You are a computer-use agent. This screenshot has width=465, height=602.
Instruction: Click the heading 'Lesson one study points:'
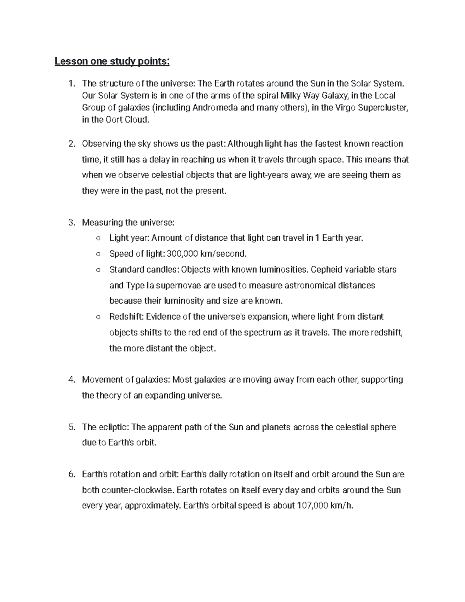tap(112, 61)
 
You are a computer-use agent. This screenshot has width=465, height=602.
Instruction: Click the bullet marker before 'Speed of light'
tap(98, 254)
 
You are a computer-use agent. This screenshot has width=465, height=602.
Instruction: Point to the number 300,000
tap(182, 254)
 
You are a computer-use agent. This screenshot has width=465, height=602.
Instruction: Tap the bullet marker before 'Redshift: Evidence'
tap(98, 317)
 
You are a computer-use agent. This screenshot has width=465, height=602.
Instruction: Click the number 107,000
tap(312, 505)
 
